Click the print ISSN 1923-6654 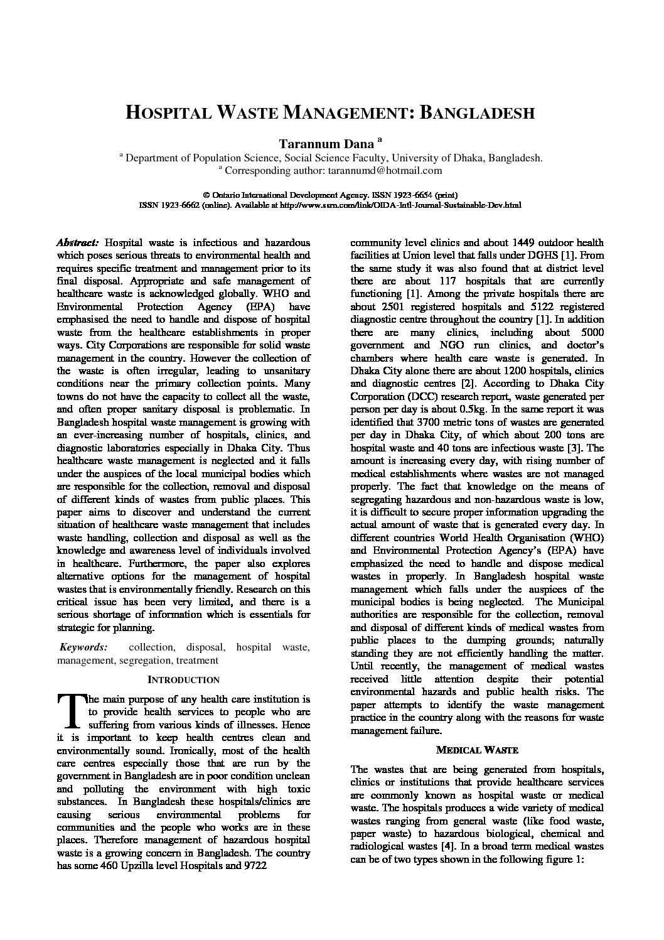(412, 195)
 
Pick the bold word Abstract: (77, 242)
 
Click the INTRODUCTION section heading (183, 680)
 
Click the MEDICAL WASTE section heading (477, 750)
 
